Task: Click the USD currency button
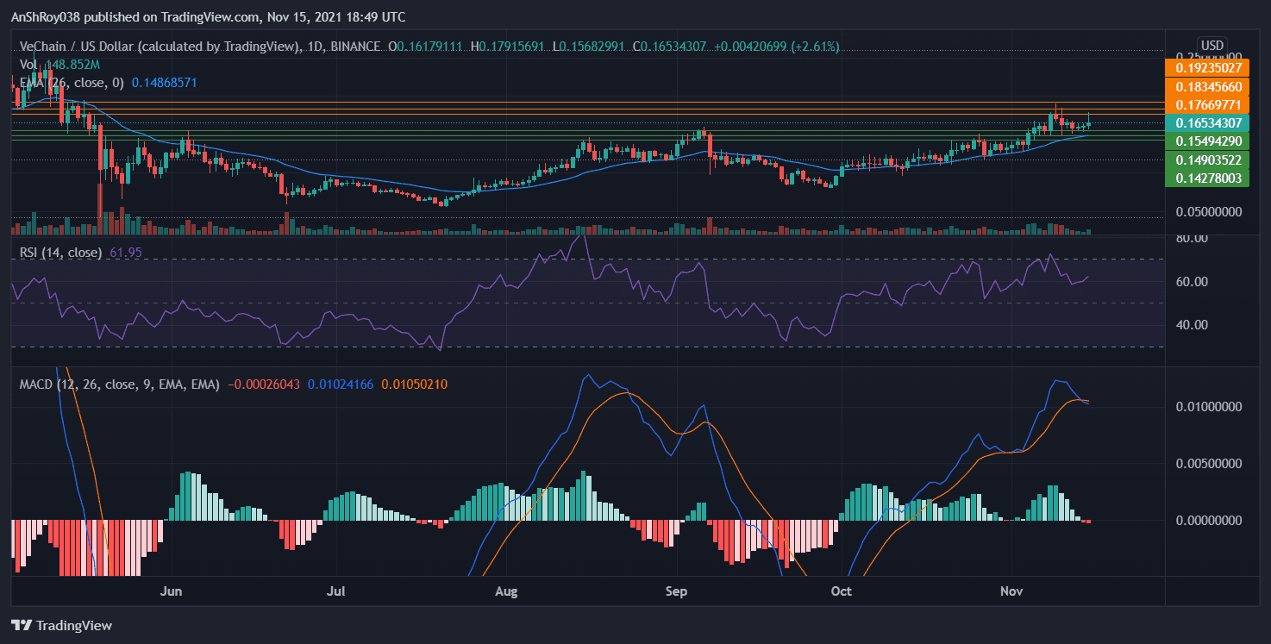point(1212,45)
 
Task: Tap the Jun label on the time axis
point(172,591)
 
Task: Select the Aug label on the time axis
point(507,591)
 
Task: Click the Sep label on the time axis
point(677,591)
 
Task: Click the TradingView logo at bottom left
point(62,626)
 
